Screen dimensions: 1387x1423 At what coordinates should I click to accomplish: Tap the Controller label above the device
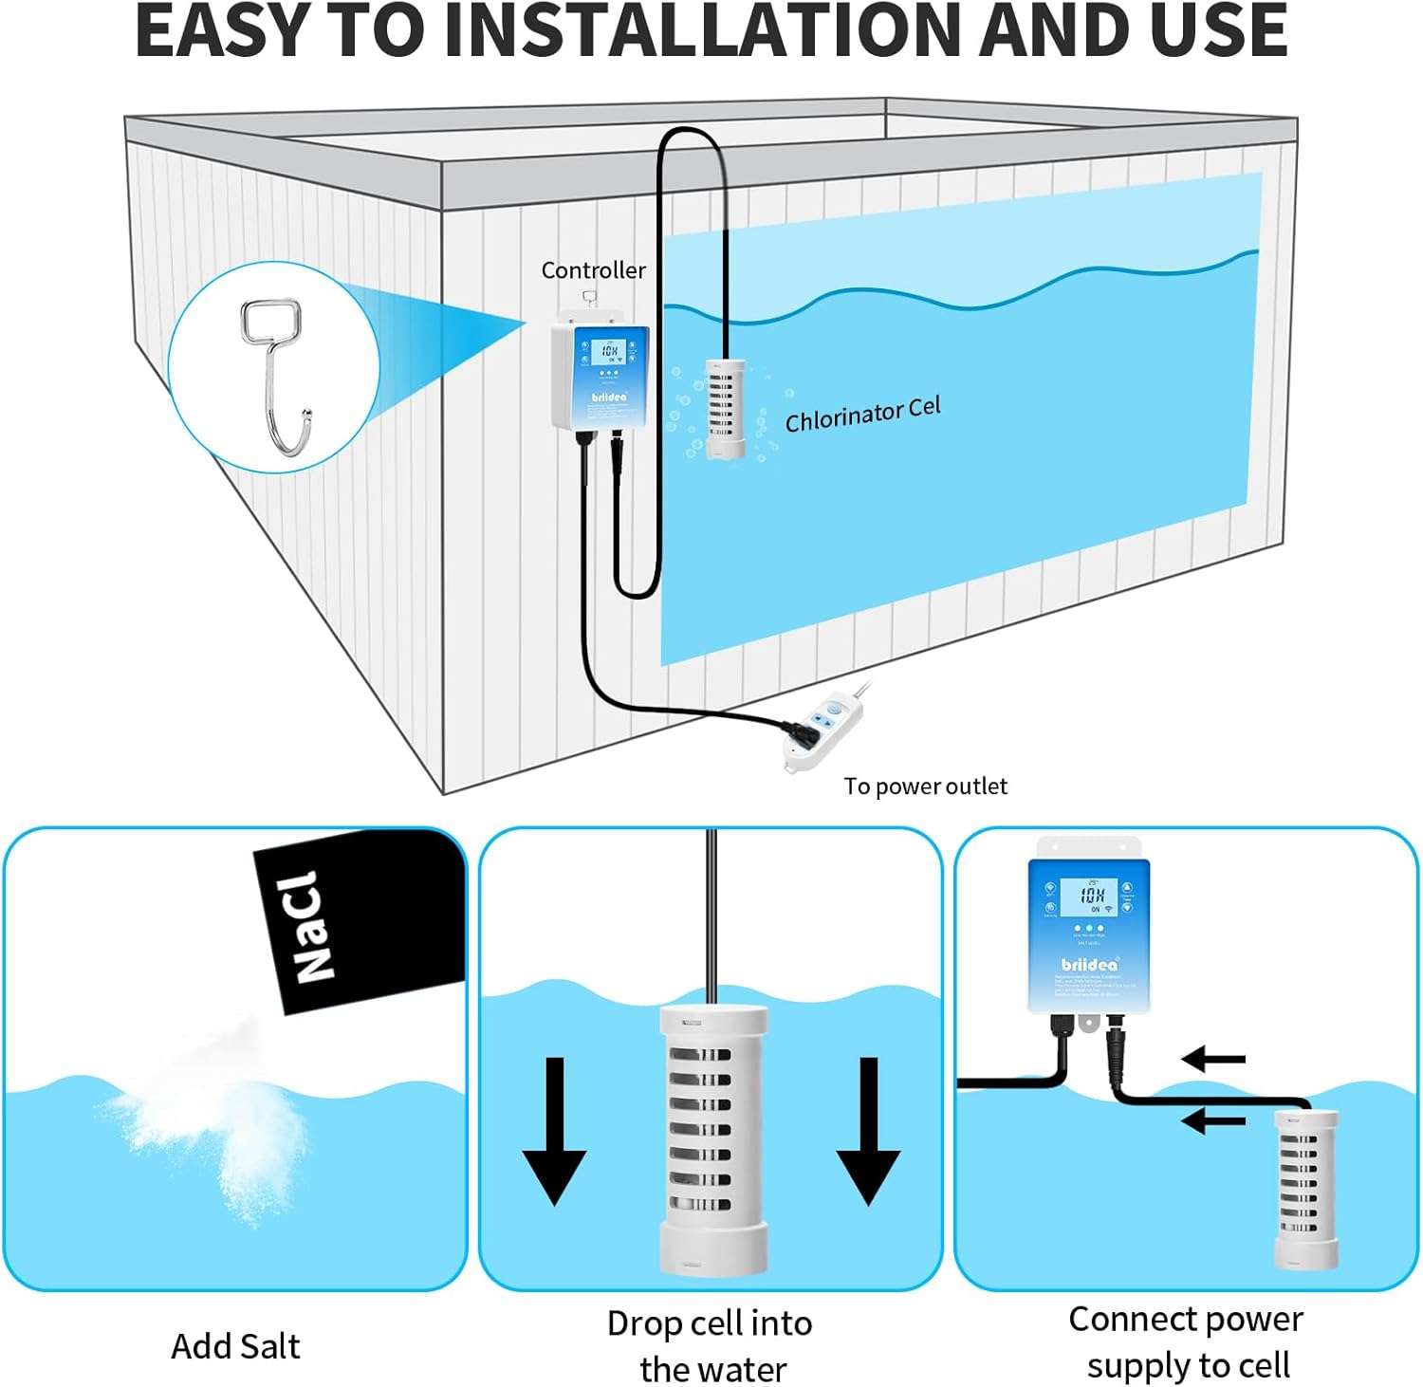tap(593, 270)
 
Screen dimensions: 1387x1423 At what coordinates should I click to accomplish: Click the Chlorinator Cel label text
tap(862, 415)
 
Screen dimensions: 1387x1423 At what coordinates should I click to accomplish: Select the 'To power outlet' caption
tap(925, 786)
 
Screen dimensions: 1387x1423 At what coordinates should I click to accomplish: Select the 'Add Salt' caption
tap(235, 1346)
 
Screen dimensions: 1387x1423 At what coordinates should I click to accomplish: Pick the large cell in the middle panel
tap(713, 1138)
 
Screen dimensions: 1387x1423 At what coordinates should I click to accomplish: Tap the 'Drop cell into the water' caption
tap(711, 1346)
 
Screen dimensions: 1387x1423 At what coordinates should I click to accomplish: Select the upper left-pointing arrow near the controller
tap(1213, 1059)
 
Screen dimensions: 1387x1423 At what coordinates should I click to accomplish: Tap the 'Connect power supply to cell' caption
tap(1187, 1342)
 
